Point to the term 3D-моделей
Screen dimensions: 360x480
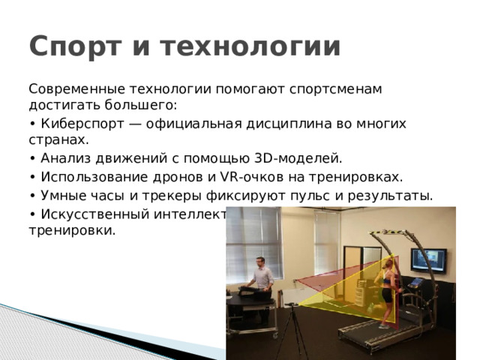(299, 159)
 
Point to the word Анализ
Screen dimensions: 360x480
(65, 159)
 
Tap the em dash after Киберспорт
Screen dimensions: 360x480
(124, 124)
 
